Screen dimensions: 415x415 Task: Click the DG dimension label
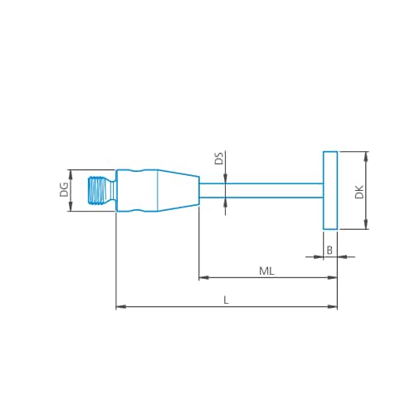64,190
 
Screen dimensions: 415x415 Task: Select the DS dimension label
218,159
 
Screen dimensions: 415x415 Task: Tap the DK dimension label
359,192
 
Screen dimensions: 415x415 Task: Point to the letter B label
330,250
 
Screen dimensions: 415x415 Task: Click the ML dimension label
267,271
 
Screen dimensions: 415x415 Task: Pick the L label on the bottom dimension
226,300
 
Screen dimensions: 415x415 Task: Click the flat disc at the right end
330,190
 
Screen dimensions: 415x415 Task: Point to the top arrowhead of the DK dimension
366,155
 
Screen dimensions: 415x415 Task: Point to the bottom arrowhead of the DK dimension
366,225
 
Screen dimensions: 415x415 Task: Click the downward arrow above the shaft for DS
225,178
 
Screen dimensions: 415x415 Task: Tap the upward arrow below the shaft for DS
225,202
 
